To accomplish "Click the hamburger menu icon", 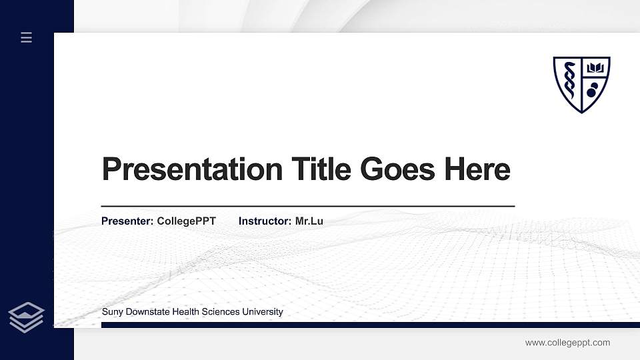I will [x=27, y=37].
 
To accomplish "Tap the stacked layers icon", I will [x=27, y=317].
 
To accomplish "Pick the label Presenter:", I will [x=127, y=221].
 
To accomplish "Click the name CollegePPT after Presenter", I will [x=187, y=221].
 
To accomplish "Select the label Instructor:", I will [x=265, y=221].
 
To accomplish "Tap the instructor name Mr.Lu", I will [x=309, y=221].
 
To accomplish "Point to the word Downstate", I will [x=148, y=312].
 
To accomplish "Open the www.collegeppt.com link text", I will [x=567, y=343].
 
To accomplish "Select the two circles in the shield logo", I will [x=592, y=89].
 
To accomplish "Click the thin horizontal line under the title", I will [x=308, y=207].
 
